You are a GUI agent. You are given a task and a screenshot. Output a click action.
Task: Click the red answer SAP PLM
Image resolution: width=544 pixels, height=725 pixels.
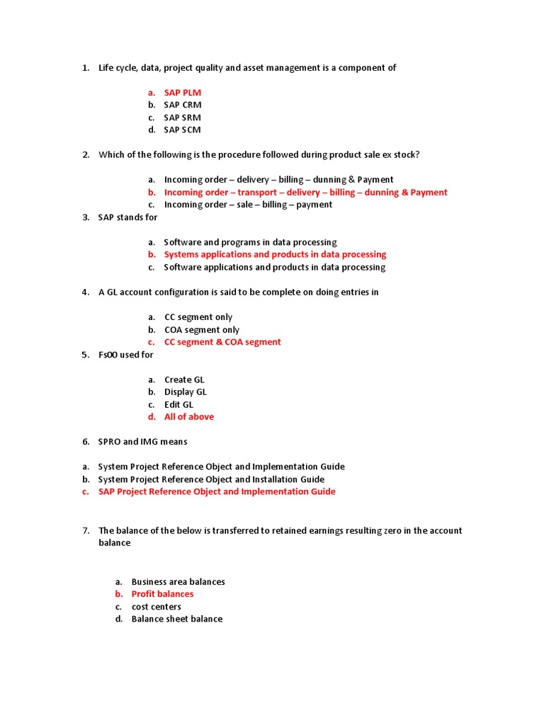point(183,93)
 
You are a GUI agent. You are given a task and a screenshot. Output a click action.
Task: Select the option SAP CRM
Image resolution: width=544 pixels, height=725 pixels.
point(183,105)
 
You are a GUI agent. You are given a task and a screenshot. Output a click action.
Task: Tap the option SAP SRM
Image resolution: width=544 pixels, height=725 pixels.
point(183,118)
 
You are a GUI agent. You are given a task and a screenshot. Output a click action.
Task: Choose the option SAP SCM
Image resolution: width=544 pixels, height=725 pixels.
point(183,130)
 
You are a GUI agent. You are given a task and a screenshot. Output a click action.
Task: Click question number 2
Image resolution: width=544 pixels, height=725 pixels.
point(86,155)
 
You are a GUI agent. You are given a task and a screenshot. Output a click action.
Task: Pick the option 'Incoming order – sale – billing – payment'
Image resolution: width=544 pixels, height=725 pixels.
point(248,205)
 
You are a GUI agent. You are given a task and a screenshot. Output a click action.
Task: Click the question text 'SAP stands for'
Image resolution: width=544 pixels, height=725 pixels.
point(127,217)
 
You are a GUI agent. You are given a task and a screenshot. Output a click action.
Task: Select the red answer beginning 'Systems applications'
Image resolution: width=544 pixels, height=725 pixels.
point(275,254)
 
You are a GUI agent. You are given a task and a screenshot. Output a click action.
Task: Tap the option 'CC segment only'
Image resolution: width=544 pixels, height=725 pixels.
point(198,317)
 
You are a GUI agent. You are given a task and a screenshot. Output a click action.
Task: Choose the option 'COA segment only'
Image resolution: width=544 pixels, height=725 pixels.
point(202,330)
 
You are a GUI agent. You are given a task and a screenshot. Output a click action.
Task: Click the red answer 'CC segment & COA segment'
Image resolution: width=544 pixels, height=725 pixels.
point(222,342)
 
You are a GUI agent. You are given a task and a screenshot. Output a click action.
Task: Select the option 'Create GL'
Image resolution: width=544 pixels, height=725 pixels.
point(184,379)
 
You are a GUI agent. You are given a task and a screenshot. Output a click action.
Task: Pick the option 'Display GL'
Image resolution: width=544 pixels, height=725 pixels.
point(186,392)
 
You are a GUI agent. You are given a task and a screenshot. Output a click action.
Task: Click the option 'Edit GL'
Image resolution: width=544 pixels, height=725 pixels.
point(178,404)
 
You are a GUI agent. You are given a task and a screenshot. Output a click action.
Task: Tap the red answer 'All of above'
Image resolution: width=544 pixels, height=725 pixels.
point(189,417)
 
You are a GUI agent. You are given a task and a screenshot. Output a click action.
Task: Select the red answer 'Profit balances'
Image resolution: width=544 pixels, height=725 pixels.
point(162,594)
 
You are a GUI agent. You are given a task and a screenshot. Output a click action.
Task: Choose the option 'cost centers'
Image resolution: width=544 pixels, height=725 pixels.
point(157,607)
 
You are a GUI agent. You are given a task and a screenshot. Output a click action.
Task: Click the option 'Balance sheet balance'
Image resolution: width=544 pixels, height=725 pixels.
point(177,619)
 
